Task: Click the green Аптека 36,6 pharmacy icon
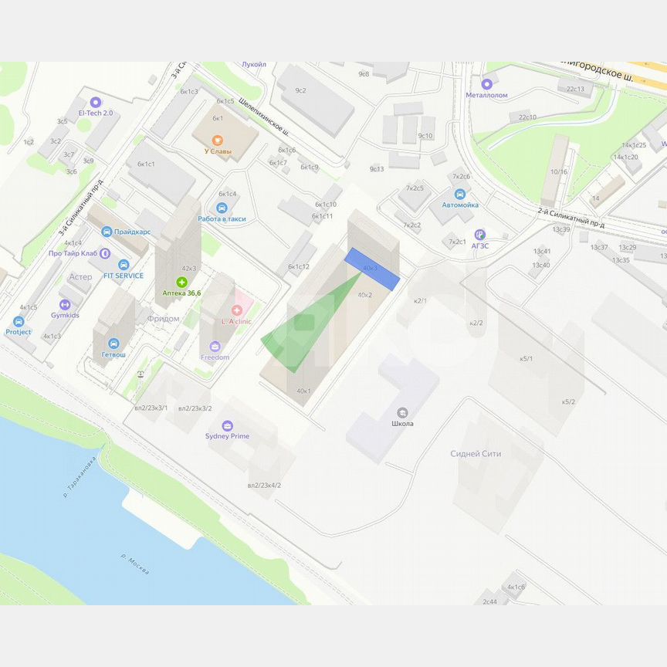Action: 182,282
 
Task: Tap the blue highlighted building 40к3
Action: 371,269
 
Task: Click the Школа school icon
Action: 402,412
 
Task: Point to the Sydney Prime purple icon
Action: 227,425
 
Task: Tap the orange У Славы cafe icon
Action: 218,140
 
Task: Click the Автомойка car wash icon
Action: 460,194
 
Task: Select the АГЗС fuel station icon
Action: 480,234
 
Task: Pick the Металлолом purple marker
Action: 486,84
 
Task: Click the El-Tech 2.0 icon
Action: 95,102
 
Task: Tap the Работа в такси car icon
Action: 222,208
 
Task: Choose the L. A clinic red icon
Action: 236,310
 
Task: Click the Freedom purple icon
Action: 215,347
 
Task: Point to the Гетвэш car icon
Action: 113,344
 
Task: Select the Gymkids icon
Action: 65,304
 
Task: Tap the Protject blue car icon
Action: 19,321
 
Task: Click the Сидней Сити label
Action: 476,454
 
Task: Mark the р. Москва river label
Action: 135,563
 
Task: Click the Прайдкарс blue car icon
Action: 107,231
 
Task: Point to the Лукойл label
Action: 254,65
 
